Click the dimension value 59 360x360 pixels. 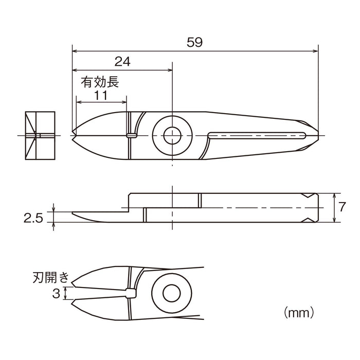click(x=195, y=42)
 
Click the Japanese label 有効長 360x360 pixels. click(x=100, y=82)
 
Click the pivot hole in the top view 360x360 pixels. click(x=171, y=135)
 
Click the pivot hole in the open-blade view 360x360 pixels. click(x=171, y=293)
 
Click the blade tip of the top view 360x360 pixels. click(x=74, y=135)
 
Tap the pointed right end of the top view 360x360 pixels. click(x=317, y=135)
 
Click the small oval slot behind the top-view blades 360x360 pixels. click(x=132, y=136)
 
